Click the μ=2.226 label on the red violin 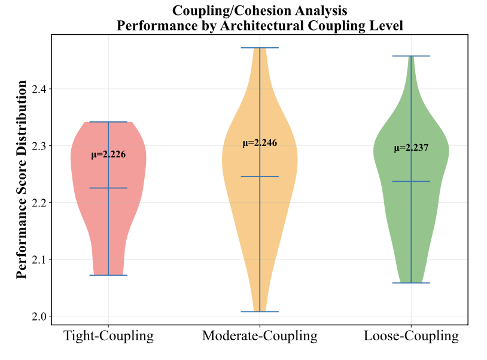click(108, 155)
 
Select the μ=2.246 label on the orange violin click(260, 144)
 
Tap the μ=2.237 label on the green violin click(412, 148)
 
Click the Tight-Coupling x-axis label click(108, 336)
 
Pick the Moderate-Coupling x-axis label click(260, 336)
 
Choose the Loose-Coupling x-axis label click(412, 336)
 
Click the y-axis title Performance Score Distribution click(22, 179)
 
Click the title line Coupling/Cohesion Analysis click(260, 10)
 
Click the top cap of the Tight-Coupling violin click(108, 122)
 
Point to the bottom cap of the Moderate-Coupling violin click(260, 312)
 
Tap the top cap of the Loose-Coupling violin click(412, 56)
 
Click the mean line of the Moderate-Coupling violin click(260, 176)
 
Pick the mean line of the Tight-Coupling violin click(108, 188)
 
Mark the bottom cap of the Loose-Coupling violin click(412, 283)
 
